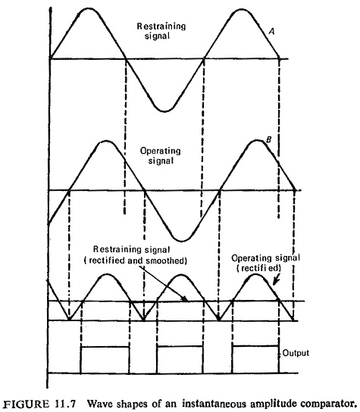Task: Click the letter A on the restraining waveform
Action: click(272, 31)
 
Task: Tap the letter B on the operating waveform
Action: click(268, 140)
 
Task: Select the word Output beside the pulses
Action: click(296, 353)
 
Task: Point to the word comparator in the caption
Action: click(330, 404)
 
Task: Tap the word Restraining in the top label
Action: click(161, 26)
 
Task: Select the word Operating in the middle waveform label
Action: click(161, 151)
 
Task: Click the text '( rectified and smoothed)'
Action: click(136, 261)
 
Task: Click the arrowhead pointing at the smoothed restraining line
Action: click(185, 298)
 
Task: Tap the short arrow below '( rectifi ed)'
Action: click(276, 279)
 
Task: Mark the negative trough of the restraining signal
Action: click(164, 111)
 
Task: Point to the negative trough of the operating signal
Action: click(182, 240)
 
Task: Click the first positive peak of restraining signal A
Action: click(89, 8)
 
